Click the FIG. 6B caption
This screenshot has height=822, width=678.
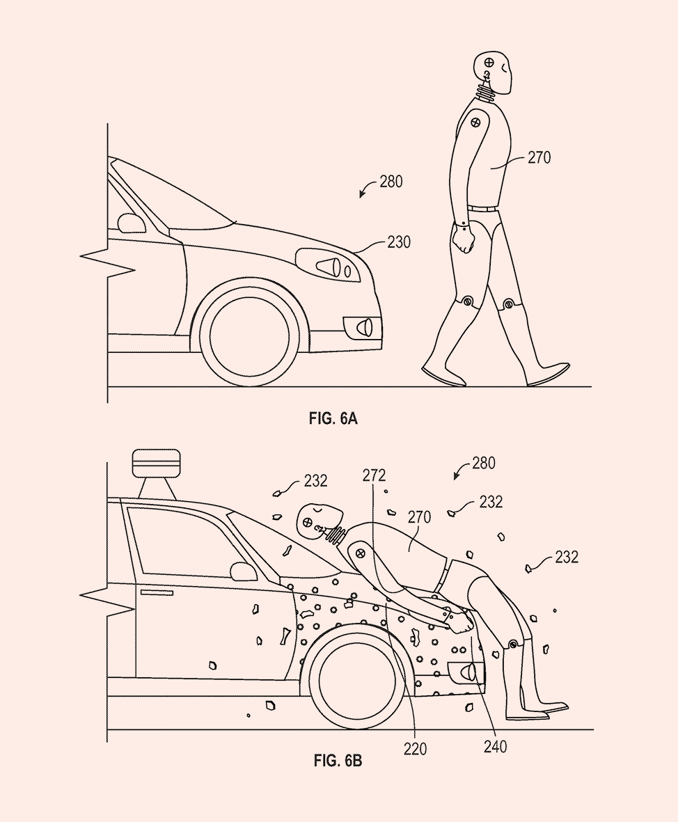coord(338,761)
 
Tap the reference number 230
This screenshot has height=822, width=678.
coord(399,242)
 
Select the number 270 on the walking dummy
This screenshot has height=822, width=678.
coord(538,158)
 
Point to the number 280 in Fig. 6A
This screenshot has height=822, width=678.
coord(391,182)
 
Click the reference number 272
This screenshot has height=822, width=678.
coord(374,475)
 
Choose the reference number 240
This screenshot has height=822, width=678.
coord(495,747)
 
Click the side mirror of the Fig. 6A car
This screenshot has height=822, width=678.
coord(131,223)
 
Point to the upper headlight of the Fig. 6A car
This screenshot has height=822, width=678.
coord(328,264)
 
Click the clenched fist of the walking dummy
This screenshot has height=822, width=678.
coord(463,240)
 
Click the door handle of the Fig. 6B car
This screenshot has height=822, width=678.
coord(157,592)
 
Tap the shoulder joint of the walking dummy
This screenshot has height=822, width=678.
coord(476,122)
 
